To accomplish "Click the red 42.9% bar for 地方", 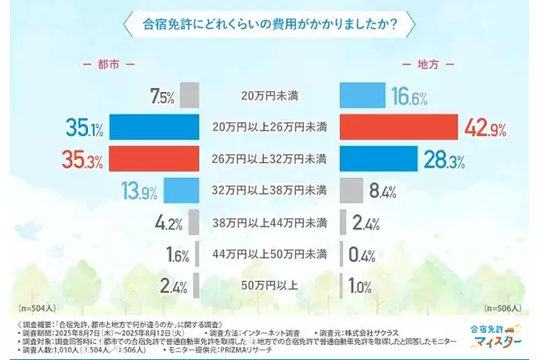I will coord(398,128).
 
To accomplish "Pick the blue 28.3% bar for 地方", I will coord(377,159).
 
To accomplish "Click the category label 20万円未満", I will coord(269,96).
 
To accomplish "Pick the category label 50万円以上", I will coord(269,286).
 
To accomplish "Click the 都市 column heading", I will coord(106,65).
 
